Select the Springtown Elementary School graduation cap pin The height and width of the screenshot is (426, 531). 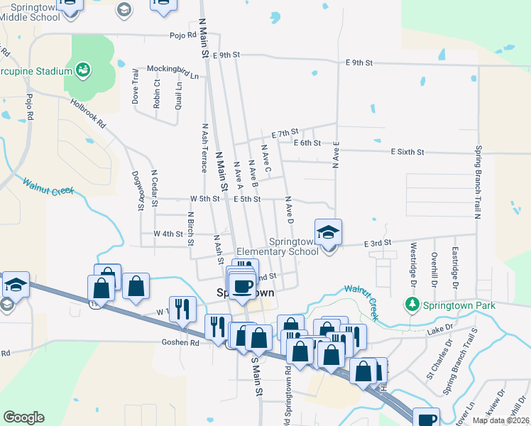[328, 232]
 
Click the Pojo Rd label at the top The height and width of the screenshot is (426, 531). [182, 34]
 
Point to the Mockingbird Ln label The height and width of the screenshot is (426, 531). [173, 69]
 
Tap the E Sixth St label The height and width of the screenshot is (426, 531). [407, 152]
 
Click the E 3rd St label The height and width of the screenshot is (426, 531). [378, 244]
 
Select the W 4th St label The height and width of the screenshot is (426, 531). [168, 233]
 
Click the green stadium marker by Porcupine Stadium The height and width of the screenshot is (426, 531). [83, 70]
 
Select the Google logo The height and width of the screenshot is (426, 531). [23, 417]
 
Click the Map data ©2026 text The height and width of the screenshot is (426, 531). [500, 420]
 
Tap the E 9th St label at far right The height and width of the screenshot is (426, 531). [359, 62]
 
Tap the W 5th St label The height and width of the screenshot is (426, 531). [204, 199]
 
